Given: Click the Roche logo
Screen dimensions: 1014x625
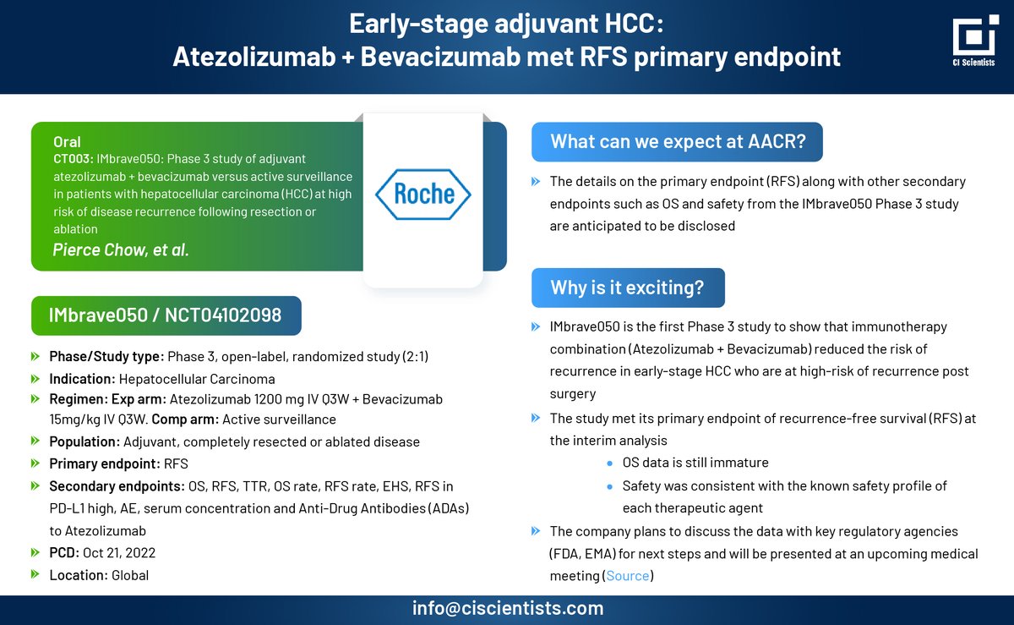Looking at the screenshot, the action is coord(423,195).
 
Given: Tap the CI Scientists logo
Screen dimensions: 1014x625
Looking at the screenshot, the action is coord(975,41).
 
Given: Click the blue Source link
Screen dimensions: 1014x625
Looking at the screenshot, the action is coord(627,576).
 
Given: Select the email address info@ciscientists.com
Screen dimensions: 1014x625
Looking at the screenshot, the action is coord(508,608).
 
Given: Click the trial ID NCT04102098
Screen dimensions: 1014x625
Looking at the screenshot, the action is coord(223,315).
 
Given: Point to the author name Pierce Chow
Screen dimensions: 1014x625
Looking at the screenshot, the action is coord(101,249).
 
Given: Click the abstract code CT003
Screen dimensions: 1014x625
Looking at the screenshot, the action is coord(73,159).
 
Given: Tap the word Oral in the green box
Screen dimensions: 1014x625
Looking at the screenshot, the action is coord(67,142).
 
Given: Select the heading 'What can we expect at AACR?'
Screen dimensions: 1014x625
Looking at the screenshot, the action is coord(678,141).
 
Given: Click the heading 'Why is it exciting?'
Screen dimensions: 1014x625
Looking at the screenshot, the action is coord(627,288).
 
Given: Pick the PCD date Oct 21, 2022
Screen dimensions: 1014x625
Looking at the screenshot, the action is coord(119,553).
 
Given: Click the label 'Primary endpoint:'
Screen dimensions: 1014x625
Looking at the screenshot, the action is coord(105,463).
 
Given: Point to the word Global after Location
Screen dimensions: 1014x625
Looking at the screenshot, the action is coord(130,575).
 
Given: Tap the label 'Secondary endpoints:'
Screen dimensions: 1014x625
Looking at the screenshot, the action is coord(117,486).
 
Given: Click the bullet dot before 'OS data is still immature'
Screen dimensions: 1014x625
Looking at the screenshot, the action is coord(610,463).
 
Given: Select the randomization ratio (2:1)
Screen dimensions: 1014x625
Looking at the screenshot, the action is coord(415,357).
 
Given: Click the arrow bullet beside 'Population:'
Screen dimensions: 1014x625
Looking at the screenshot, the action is coord(35,441).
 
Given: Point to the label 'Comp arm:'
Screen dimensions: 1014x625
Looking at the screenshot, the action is coord(185,419).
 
